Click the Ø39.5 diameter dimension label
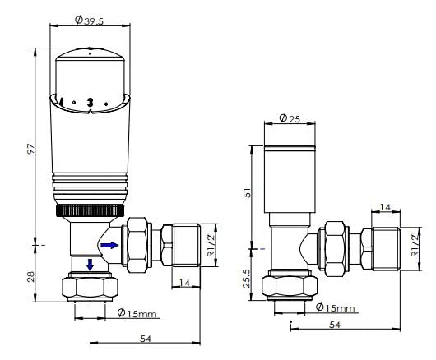89,20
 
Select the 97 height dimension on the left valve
31,149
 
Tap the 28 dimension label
30,276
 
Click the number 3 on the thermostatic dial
90,102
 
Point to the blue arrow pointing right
109,245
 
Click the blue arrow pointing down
90,265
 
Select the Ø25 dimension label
290,118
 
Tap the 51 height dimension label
247,192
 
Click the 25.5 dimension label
247,278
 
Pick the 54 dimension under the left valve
146,339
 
